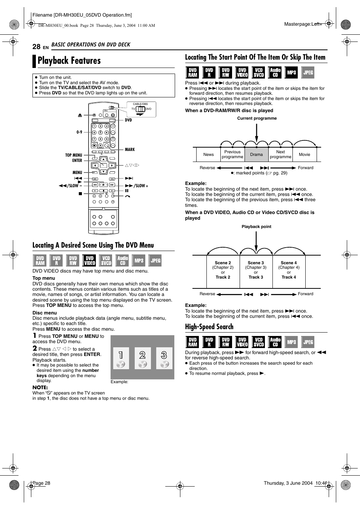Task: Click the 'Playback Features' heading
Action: [69, 61]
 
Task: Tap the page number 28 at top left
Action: [36, 46]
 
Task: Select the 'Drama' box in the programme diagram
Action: [256, 154]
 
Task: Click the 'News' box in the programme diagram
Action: [208, 154]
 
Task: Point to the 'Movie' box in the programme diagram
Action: [304, 154]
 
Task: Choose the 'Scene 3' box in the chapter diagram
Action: [256, 270]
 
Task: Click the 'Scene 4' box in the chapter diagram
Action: [289, 270]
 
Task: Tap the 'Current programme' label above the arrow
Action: [257, 118]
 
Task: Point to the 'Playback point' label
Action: [256, 226]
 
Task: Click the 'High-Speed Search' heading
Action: [209, 327]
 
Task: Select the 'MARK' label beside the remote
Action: [129, 149]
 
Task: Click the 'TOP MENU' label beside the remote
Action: [74, 155]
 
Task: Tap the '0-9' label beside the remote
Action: [79, 132]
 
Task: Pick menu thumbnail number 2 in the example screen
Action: [142, 358]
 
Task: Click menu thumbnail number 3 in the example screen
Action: [164, 358]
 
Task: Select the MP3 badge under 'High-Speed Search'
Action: [292, 342]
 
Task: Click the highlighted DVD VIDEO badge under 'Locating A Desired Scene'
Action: [89, 260]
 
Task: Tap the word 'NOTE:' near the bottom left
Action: [40, 387]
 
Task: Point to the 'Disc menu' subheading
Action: [45, 313]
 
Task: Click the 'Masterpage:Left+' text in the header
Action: [303, 24]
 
